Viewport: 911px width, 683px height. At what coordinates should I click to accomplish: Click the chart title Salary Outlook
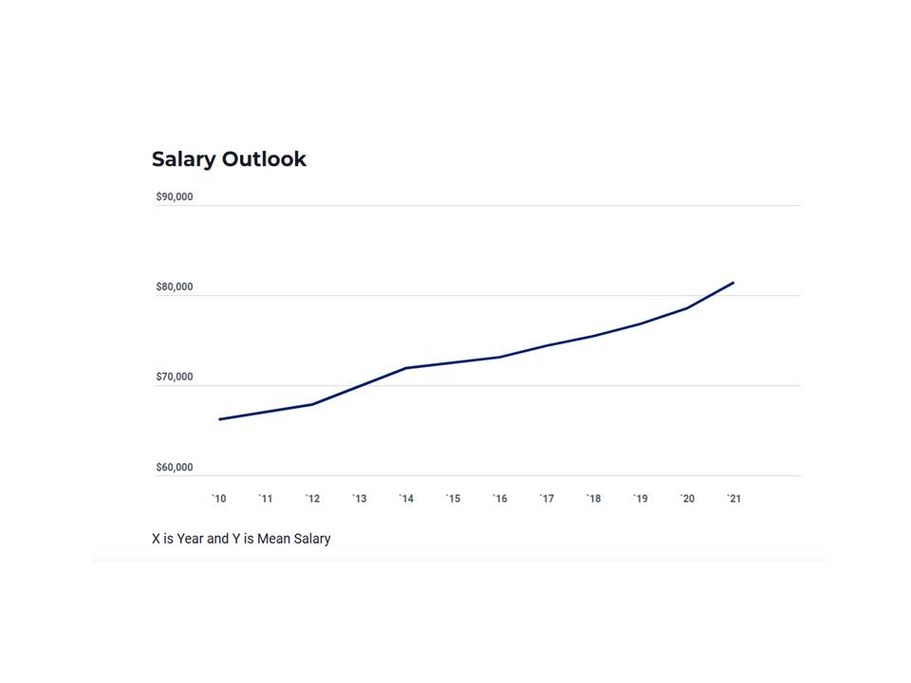point(229,159)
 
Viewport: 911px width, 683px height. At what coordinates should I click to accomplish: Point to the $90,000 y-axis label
point(175,197)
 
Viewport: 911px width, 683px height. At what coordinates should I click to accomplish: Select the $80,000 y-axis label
point(175,287)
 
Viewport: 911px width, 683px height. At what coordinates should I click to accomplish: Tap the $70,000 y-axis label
point(175,378)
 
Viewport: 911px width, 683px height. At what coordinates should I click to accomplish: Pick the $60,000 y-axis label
point(175,468)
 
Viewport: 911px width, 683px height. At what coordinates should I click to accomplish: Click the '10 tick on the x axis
point(219,499)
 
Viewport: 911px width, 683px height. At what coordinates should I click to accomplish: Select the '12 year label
point(312,499)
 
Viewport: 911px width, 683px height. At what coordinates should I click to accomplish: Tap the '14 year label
point(406,499)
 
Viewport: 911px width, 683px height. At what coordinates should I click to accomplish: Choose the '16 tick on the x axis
point(500,499)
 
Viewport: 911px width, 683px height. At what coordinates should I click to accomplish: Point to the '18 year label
point(593,499)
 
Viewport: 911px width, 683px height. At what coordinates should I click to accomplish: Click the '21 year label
point(734,499)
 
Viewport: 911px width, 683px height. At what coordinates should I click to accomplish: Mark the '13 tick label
point(360,499)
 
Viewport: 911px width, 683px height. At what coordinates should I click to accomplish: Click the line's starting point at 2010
point(220,419)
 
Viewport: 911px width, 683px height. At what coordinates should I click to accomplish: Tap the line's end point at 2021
point(734,283)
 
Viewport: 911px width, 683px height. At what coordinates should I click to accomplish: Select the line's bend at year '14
point(406,368)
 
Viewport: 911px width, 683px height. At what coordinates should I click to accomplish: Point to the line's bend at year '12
point(312,405)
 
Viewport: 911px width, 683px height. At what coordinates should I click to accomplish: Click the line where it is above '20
point(687,308)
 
